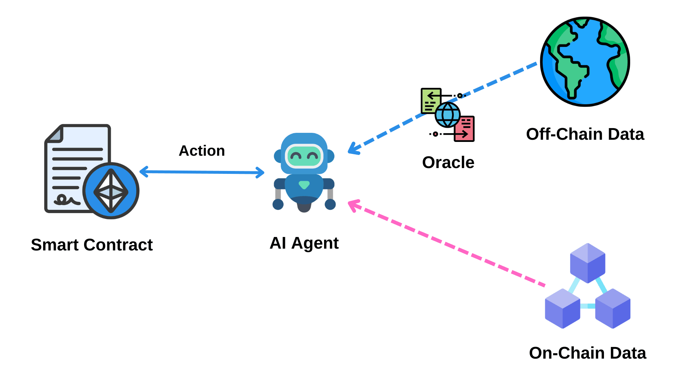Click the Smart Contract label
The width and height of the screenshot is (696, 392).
(92, 245)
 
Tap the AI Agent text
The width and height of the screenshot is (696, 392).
(304, 243)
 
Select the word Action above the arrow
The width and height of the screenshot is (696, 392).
(202, 151)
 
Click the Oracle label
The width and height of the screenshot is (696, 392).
(448, 162)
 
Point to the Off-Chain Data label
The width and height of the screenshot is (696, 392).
(585, 134)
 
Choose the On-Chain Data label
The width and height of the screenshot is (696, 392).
(587, 353)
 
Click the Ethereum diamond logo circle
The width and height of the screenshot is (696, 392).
(111, 191)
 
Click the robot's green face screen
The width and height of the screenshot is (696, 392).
(304, 156)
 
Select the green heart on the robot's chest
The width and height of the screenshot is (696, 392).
(304, 185)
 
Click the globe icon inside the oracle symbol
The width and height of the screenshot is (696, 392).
(448, 115)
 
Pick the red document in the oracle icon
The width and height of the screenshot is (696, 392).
(465, 129)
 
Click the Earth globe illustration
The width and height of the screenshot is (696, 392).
(585, 62)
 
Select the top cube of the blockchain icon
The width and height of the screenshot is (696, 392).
(588, 263)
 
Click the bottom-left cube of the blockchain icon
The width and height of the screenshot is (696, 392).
(563, 309)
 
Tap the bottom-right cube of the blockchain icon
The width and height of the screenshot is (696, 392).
(613, 309)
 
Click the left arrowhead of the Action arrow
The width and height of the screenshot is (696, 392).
(143, 172)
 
